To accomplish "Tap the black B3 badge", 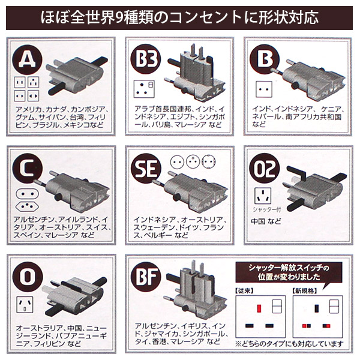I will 144,59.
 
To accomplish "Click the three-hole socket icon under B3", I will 144,89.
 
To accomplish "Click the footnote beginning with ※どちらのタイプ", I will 290,344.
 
